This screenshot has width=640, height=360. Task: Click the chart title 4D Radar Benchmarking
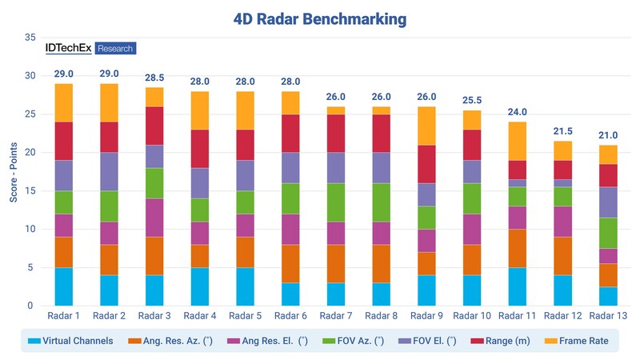tap(320, 17)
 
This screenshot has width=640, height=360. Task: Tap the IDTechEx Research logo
tap(90, 48)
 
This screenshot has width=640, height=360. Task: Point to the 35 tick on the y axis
tap(30, 38)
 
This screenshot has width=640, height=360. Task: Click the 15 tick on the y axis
tap(30, 190)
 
